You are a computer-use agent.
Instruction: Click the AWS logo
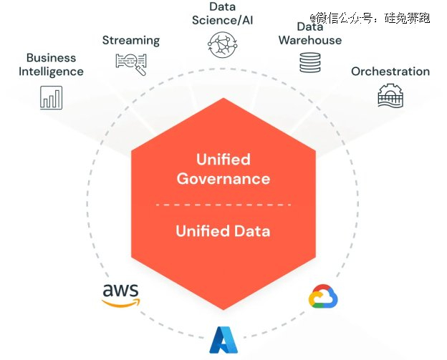(120, 294)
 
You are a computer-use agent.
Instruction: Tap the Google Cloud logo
(323, 296)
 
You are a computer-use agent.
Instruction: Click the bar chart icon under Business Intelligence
(51, 97)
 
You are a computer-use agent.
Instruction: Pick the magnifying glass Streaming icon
(131, 64)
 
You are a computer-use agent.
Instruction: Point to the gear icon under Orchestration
(390, 95)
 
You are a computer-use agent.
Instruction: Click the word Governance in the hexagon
(223, 178)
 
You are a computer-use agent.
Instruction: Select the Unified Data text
(223, 230)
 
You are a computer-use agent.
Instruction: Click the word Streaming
(131, 40)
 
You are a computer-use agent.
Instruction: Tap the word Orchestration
(390, 71)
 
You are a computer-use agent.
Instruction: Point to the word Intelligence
(51, 71)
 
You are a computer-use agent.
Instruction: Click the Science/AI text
(223, 20)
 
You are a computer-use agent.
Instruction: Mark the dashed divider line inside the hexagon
(223, 205)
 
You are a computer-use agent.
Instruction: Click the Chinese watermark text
(370, 17)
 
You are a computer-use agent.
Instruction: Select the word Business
(51, 57)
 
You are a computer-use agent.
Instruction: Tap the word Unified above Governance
(223, 159)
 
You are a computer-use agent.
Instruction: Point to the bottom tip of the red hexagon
(223, 308)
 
